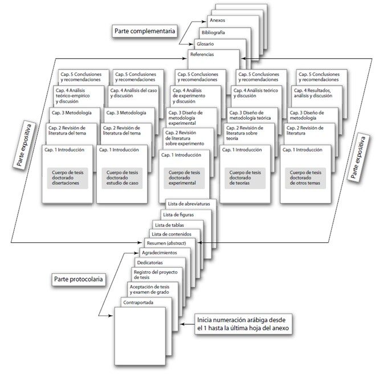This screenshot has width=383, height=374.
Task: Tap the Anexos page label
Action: (217, 20)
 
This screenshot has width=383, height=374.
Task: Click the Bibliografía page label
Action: (213, 32)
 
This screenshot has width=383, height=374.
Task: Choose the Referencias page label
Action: (202, 55)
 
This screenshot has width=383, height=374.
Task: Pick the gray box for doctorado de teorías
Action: (245, 178)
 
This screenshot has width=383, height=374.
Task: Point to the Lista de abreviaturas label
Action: (189, 204)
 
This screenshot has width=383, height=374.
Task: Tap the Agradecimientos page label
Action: (159, 252)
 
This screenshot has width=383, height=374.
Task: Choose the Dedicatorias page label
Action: (150, 263)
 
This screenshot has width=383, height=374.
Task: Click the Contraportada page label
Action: (138, 302)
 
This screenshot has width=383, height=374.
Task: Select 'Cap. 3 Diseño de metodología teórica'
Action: (250, 115)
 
